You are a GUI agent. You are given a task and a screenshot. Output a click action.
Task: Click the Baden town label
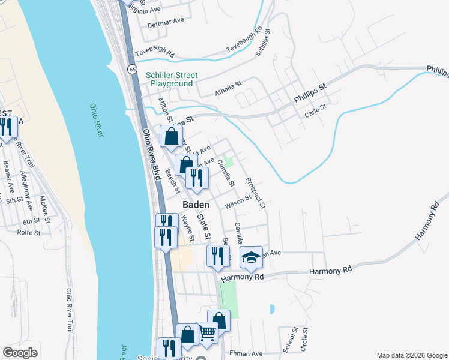195,205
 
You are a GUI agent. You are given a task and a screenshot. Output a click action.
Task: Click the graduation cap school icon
252,257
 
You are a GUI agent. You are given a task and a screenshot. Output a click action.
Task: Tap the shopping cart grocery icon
207,332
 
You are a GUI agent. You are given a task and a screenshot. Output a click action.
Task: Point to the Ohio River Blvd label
151,156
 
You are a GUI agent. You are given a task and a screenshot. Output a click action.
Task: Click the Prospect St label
256,192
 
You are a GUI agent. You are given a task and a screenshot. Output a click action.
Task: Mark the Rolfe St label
29,233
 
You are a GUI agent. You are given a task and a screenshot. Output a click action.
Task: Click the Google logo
20,353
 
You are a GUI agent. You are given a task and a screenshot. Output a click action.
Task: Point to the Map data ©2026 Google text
411,355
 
